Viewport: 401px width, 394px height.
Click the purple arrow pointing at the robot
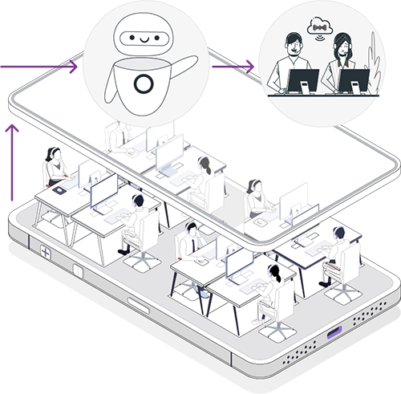(x=68, y=67)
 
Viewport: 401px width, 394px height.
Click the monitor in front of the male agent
(x=304, y=80)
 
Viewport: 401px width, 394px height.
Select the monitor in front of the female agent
(x=353, y=80)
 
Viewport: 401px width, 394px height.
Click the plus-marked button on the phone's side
(x=46, y=253)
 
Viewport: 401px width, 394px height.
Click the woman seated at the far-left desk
(x=55, y=166)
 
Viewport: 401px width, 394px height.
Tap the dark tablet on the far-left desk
(x=60, y=192)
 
